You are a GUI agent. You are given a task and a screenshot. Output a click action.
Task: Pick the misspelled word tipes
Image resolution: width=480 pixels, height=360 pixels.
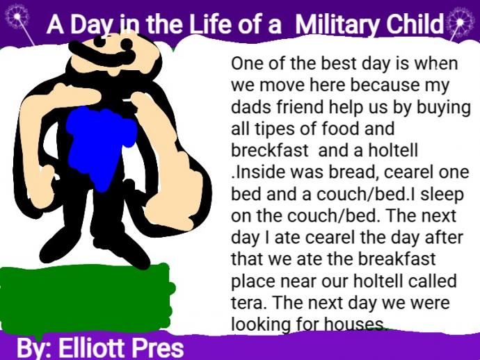pos(274,130)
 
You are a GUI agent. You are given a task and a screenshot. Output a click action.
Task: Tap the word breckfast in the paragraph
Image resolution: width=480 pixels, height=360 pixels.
pos(270,151)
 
